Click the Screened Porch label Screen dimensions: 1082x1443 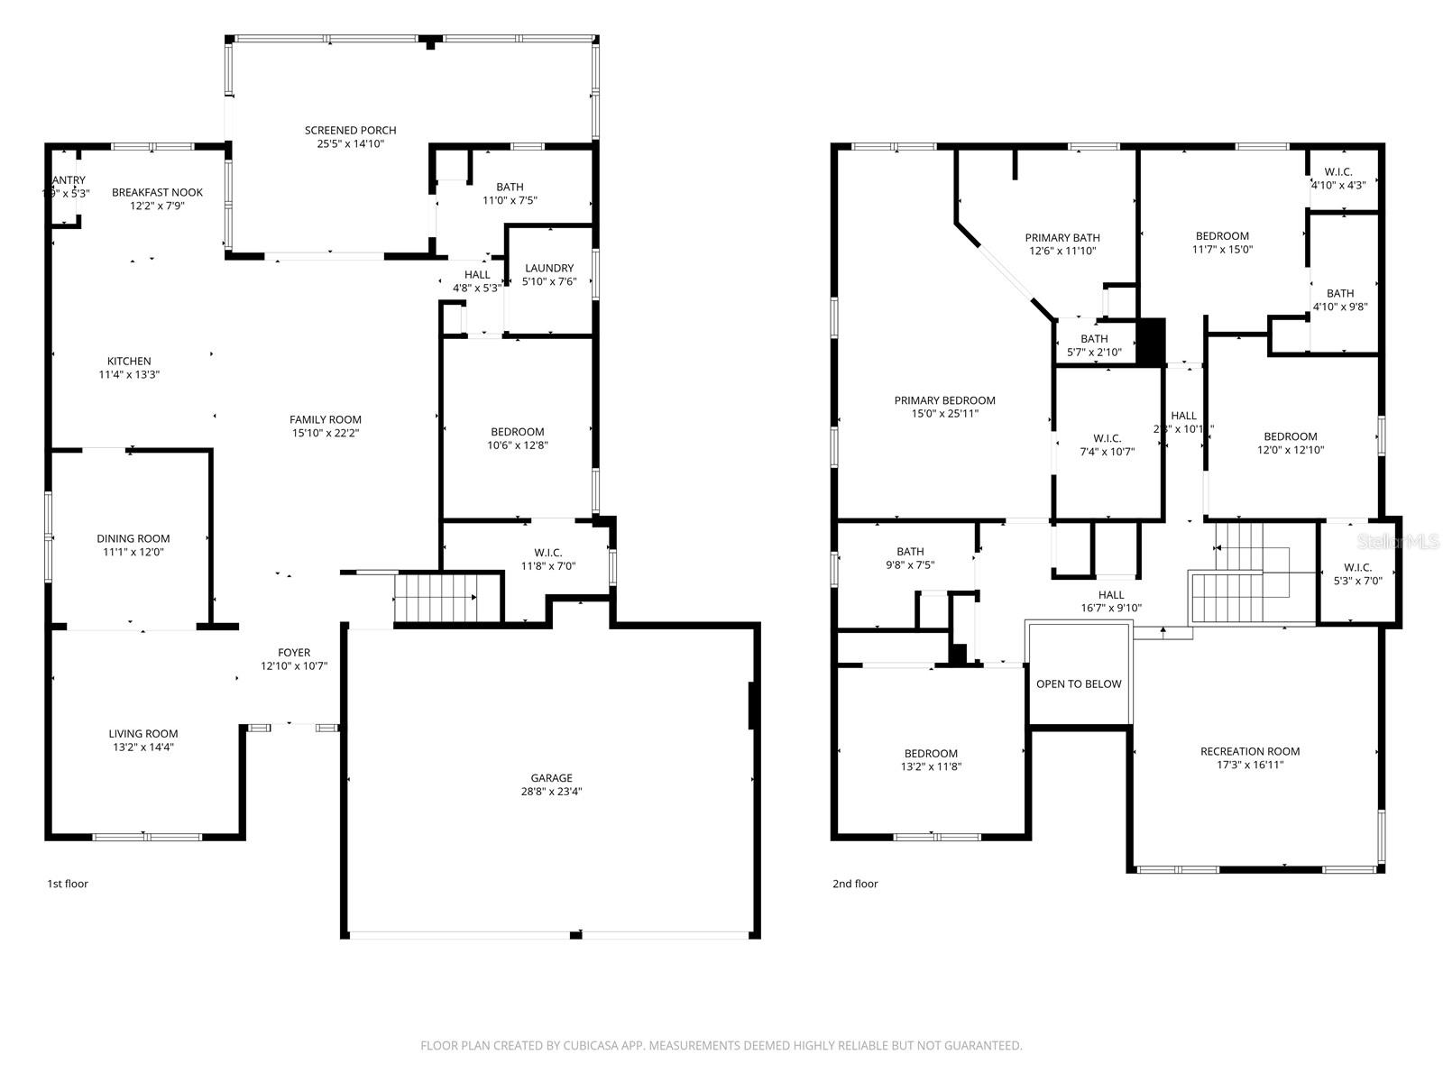click(350, 131)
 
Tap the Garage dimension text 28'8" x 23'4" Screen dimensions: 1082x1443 click(551, 792)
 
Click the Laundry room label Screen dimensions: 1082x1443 click(548, 268)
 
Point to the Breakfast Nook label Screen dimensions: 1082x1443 click(157, 192)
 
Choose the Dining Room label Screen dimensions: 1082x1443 click(133, 538)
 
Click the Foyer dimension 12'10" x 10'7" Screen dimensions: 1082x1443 click(294, 666)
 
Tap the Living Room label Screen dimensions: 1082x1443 click(143, 733)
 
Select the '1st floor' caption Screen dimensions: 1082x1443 click(68, 884)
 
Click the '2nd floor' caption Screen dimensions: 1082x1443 click(854, 884)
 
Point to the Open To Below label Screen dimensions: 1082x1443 click(1079, 683)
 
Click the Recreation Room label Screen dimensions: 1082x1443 click(1250, 751)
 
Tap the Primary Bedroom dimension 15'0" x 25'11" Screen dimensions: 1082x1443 click(944, 414)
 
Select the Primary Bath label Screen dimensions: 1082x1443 click(1062, 238)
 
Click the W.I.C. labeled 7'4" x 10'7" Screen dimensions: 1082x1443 click(1107, 445)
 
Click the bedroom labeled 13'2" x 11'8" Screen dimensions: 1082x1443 click(931, 760)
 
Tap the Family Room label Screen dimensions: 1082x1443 click(326, 419)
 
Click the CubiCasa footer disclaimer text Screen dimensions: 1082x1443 click(721, 1046)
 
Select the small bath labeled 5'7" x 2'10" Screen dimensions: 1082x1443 click(1094, 345)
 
